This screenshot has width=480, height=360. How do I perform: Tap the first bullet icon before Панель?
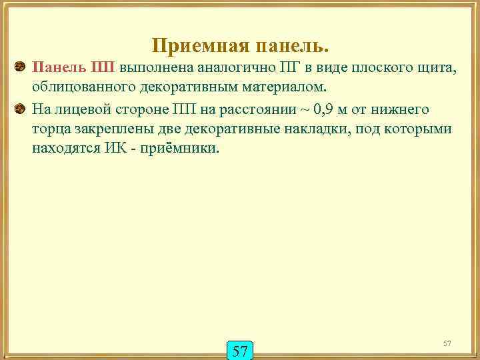[20, 67]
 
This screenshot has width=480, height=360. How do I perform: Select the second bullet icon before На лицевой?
[20, 109]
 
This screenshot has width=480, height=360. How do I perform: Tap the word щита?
[430, 67]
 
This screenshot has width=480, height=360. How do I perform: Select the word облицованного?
[78, 87]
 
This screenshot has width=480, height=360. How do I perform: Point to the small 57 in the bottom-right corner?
[447, 343]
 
